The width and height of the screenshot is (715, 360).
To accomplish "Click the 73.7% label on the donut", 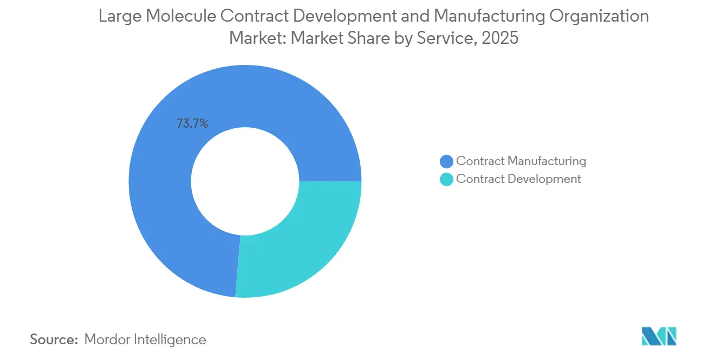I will click(192, 123).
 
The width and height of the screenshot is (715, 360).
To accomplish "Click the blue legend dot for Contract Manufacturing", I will click(446, 161).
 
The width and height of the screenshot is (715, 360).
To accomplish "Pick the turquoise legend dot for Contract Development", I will click(446, 179).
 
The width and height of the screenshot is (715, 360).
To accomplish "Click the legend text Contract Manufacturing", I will click(521, 161).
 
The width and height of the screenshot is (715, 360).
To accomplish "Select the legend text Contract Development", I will click(518, 179).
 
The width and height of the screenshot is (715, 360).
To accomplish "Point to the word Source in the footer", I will click(54, 339).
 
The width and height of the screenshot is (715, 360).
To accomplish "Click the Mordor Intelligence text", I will click(145, 339).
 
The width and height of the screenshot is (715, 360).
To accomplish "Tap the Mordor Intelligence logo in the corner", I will click(659, 336).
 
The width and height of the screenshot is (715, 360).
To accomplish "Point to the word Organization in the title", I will click(599, 16).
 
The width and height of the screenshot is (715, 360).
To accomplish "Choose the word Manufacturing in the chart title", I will click(497, 16).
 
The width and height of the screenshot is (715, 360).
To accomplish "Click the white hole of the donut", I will click(245, 181).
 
